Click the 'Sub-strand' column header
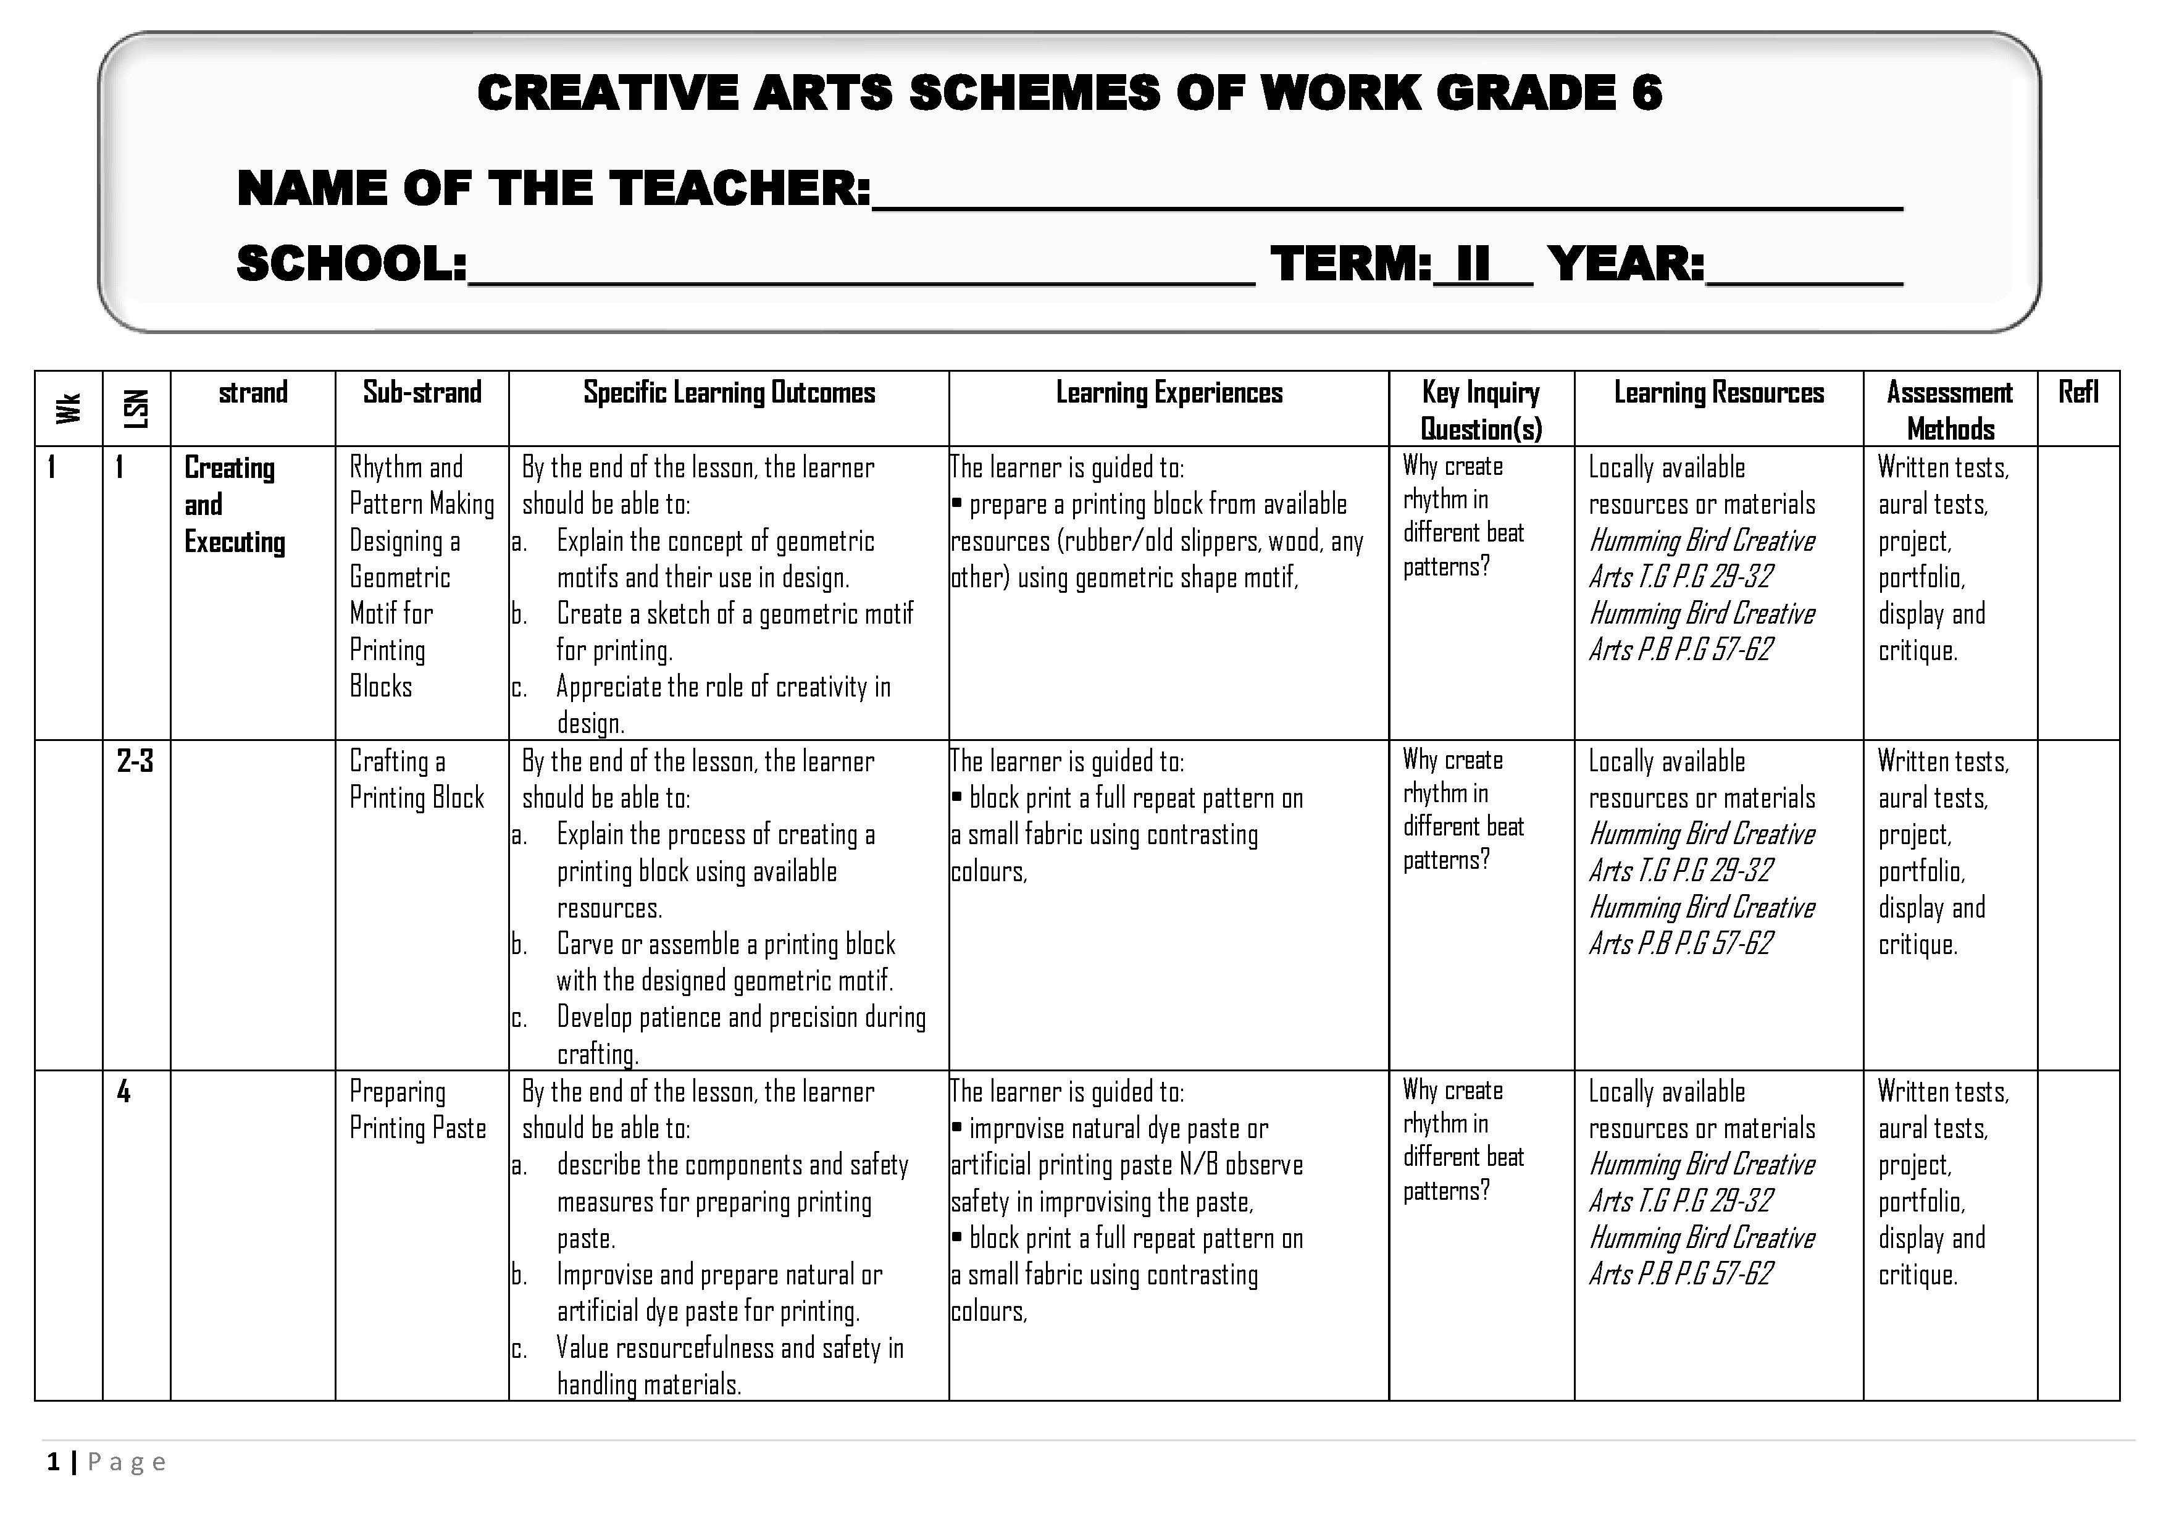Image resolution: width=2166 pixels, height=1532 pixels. [422, 393]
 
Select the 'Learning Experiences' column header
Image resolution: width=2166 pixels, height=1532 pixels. [1168, 393]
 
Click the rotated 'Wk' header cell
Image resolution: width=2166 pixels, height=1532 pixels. [68, 408]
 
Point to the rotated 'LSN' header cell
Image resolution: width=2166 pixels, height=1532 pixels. [136, 408]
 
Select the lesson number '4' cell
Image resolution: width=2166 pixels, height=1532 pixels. [123, 1092]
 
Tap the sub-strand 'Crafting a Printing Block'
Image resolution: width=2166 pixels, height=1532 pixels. [416, 779]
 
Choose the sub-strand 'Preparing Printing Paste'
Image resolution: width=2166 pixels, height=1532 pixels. [417, 1110]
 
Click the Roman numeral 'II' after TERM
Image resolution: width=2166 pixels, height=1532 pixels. [1473, 263]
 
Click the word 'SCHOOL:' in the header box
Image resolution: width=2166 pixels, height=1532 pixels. [351, 263]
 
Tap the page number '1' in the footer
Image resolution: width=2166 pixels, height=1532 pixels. [53, 1462]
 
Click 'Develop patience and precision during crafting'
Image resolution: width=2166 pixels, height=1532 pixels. [740, 1035]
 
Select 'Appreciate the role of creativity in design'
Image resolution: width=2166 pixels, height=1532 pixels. [722, 705]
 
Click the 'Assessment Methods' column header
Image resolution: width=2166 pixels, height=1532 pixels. [1949, 411]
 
